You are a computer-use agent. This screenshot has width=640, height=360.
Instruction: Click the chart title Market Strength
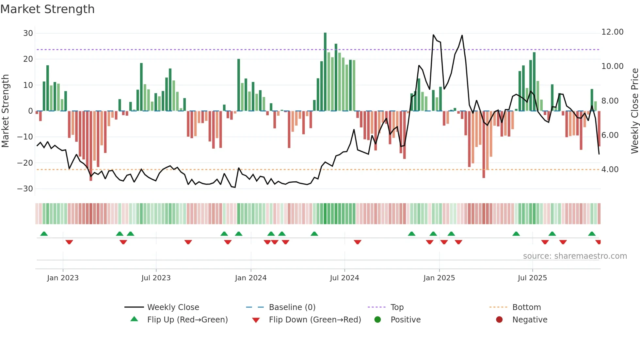(x=47, y=9)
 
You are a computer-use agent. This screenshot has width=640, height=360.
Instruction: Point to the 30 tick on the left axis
(x=28, y=33)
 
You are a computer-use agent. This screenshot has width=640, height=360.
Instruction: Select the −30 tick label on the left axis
(x=25, y=189)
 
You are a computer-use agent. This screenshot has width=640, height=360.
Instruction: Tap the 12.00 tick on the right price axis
(x=612, y=32)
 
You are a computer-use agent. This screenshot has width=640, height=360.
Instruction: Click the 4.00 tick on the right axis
(x=610, y=170)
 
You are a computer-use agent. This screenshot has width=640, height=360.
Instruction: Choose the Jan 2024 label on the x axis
(x=250, y=278)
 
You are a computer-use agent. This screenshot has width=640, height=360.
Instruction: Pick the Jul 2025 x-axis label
(x=532, y=278)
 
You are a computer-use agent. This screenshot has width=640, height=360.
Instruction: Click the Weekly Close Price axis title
(x=634, y=111)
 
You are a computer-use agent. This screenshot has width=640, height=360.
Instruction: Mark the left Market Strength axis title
(x=5, y=111)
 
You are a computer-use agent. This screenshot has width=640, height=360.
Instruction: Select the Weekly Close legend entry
(x=173, y=307)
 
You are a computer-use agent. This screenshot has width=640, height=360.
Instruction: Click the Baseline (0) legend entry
(x=292, y=307)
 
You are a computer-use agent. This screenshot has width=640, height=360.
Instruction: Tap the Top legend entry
(x=397, y=307)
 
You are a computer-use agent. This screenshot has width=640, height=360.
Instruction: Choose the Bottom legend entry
(x=526, y=307)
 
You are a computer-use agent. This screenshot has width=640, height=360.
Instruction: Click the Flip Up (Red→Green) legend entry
(x=187, y=320)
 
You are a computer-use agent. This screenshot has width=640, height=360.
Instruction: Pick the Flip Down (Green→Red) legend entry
(x=314, y=320)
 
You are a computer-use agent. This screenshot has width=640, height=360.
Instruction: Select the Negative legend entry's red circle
(x=499, y=320)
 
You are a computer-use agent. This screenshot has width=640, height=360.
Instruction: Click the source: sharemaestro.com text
(x=575, y=256)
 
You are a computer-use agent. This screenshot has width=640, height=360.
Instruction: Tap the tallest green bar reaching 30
(x=325, y=72)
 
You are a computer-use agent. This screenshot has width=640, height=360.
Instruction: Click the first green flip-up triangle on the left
(x=44, y=234)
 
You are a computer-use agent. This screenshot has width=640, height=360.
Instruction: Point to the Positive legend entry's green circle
(x=377, y=320)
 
